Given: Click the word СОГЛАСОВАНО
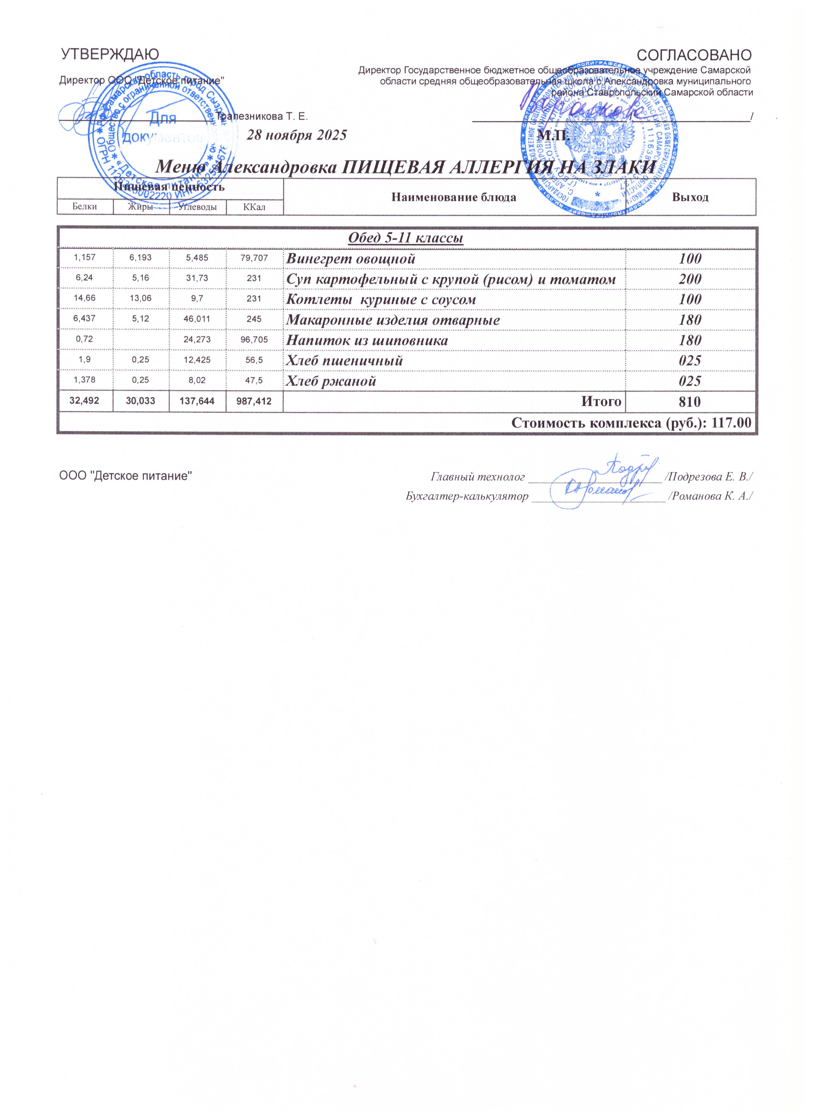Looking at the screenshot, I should click(695, 54).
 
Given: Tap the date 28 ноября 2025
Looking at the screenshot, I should click(296, 135).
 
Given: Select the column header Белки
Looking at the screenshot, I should click(84, 207).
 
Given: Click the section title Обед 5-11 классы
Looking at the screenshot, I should click(406, 239).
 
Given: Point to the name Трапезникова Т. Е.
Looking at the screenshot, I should click(262, 117).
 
